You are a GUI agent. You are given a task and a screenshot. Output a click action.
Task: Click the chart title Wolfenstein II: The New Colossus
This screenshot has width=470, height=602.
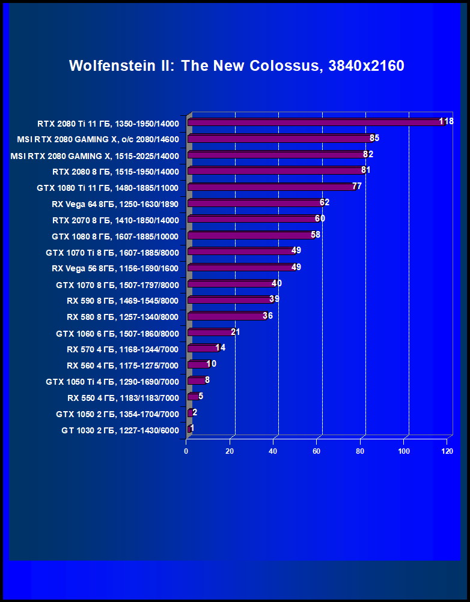pyautogui.click(x=236, y=65)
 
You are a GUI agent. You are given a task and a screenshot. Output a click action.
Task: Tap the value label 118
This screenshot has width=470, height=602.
pyautogui.click(x=446, y=122)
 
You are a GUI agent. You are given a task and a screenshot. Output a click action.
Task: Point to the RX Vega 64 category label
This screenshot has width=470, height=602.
pyautogui.click(x=115, y=203)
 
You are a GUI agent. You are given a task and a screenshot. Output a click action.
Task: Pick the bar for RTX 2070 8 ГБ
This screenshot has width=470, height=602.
pyautogui.click(x=253, y=219)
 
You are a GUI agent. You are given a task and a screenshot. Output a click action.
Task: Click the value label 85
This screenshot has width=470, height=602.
pyautogui.click(x=374, y=138)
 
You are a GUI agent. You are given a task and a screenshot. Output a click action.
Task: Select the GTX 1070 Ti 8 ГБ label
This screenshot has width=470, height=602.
pyautogui.click(x=112, y=252)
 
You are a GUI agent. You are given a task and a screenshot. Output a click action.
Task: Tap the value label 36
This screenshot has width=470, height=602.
pyautogui.click(x=267, y=316)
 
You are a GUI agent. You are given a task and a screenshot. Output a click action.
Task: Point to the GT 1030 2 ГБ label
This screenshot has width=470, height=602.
pyautogui.click(x=120, y=430)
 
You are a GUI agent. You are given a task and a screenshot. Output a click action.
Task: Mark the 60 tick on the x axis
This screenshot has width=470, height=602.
pyautogui.click(x=317, y=451)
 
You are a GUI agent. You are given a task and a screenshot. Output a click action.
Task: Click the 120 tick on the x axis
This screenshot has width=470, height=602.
pyautogui.click(x=447, y=451)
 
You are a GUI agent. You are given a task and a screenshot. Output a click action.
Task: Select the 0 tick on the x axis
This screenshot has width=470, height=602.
pyautogui.click(x=187, y=451)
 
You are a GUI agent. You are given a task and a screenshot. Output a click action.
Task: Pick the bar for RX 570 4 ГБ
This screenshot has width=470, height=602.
pyautogui.click(x=203, y=348)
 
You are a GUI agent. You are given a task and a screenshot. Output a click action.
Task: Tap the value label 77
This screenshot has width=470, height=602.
pyautogui.click(x=357, y=186)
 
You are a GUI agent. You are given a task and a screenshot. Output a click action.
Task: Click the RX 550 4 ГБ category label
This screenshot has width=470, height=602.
pyautogui.click(x=123, y=397)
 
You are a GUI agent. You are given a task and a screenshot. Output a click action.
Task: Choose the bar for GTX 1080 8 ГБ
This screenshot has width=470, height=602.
pyautogui.click(x=251, y=235)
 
